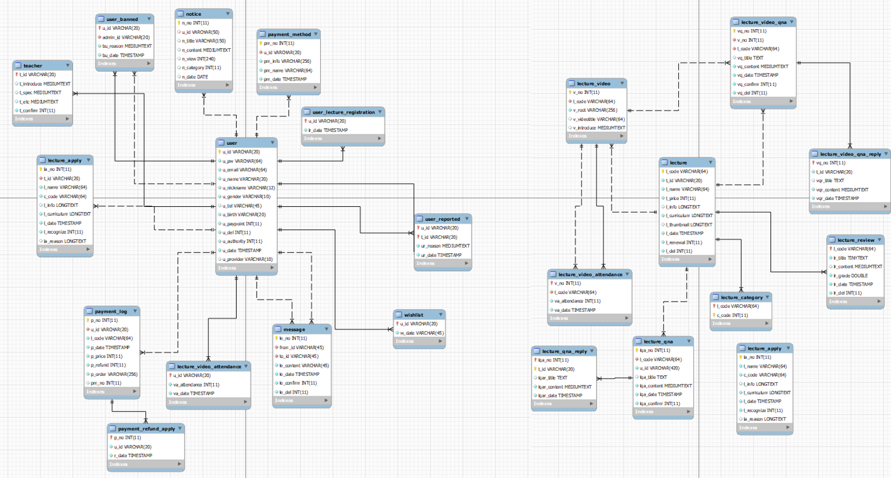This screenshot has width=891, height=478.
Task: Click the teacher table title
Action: tap(33, 65)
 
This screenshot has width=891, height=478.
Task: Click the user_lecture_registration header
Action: tap(344, 112)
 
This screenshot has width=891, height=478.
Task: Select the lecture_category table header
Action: tap(739, 297)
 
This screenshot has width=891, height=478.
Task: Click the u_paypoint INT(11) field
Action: tap(242, 223)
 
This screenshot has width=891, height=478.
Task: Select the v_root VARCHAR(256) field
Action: tap(594, 110)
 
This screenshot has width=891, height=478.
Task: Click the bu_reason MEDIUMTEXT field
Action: tap(126, 46)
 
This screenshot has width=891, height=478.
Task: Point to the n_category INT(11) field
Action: tap(201, 67)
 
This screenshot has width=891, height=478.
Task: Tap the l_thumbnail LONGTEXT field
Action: tap(689, 225)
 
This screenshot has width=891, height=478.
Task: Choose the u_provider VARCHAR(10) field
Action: tap(247, 259)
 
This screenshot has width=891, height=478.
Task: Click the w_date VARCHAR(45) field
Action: tap(422, 333)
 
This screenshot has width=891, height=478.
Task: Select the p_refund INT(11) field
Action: tap(108, 365)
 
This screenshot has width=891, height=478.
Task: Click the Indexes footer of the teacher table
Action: tap(24, 119)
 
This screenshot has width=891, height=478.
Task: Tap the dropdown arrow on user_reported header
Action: tap(466, 219)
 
